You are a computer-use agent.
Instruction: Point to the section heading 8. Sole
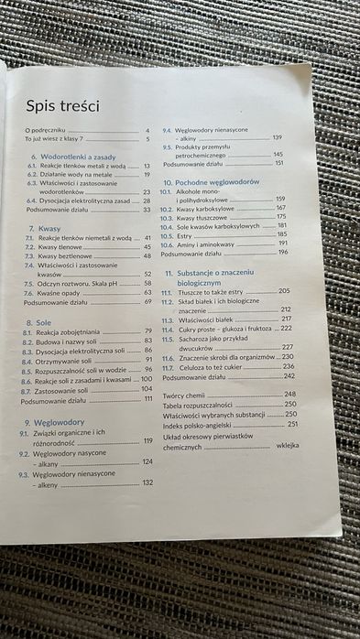38,321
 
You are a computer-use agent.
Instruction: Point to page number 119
147,441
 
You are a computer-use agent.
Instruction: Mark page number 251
292,424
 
